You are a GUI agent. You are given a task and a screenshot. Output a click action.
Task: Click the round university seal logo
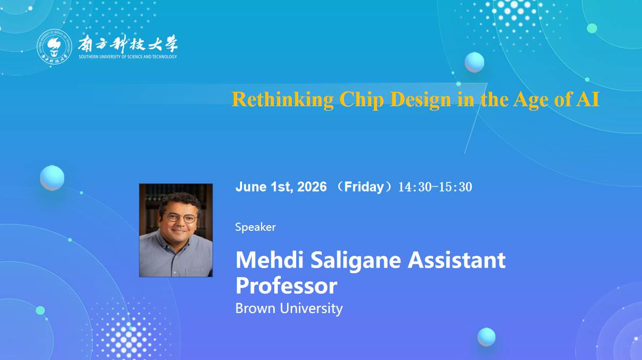(x=55, y=46)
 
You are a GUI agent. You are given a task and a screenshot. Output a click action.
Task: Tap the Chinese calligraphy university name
(x=128, y=44)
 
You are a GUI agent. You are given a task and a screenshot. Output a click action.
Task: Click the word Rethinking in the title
(x=282, y=100)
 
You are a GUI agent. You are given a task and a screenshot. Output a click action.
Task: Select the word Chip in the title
(x=362, y=100)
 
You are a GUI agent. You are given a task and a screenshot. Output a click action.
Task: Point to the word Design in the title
(x=420, y=100)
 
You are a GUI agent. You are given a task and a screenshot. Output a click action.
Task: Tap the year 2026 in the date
(x=312, y=187)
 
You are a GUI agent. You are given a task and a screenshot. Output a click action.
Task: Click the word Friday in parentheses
(x=364, y=187)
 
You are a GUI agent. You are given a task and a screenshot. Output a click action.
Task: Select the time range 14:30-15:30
(x=435, y=187)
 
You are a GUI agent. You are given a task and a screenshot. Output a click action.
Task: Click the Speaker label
(x=255, y=227)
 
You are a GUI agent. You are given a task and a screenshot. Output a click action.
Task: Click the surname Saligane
(x=356, y=261)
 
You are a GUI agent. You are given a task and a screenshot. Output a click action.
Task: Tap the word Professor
(x=287, y=286)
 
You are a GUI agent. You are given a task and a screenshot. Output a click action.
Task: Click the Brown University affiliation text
(x=289, y=308)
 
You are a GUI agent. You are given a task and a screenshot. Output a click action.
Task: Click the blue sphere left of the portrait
(x=52, y=178)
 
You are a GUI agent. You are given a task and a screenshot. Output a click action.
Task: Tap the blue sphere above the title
(x=474, y=62)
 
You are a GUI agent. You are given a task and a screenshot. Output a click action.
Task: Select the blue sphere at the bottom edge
(x=486, y=337)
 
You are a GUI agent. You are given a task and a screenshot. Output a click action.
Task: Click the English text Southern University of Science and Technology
(x=128, y=57)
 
